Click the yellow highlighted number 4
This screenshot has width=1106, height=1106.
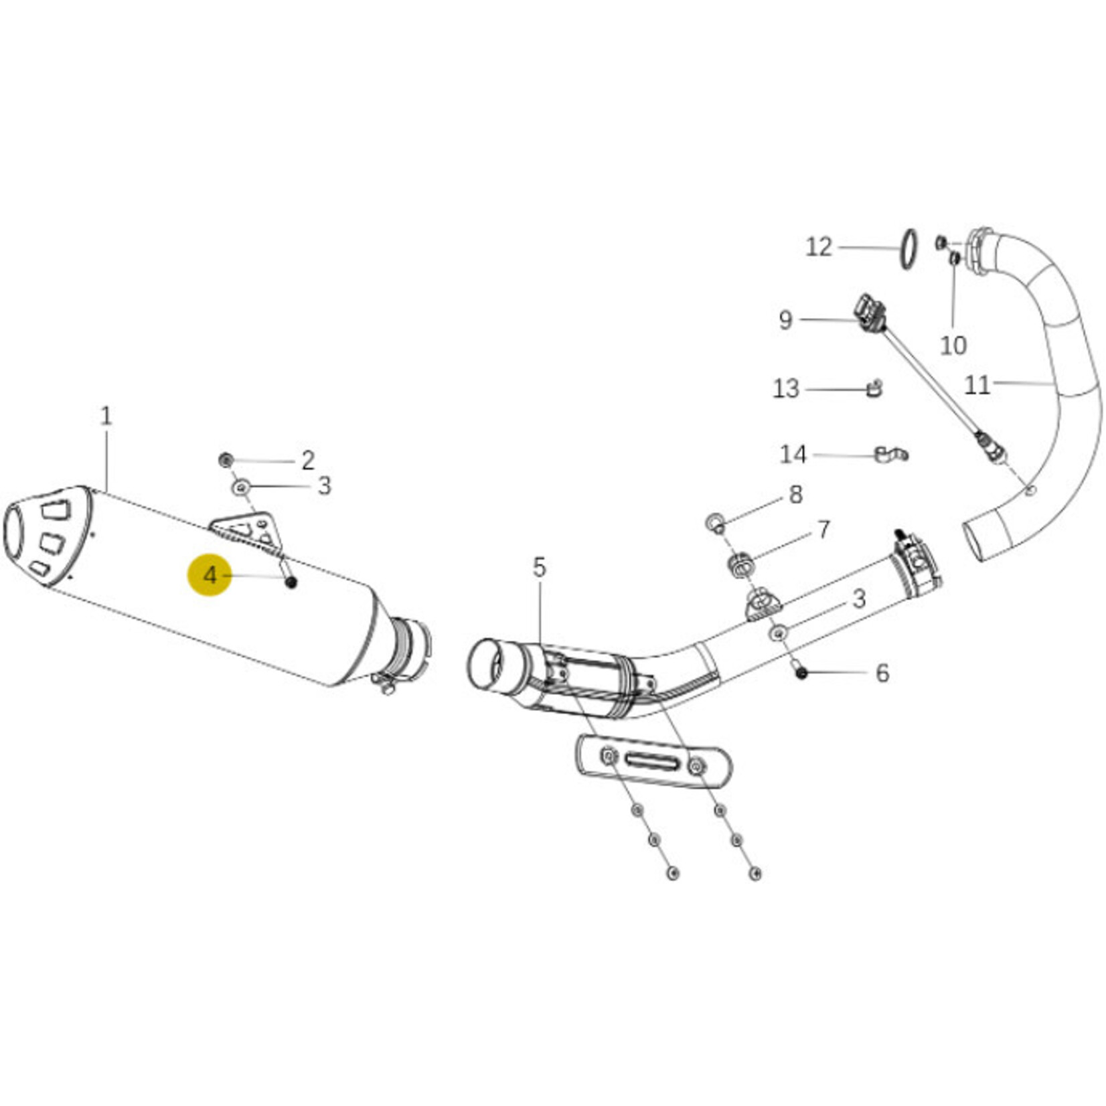210,575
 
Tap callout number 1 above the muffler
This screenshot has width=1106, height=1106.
106,416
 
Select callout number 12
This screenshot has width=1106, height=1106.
818,247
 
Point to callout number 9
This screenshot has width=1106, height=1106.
785,320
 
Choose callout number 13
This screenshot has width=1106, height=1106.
786,388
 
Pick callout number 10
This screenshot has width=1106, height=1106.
953,345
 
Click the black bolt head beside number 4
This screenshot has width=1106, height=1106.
291,582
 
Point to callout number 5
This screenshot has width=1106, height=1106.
539,568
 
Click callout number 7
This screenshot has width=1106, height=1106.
823,530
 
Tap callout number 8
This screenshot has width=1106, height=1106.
795,495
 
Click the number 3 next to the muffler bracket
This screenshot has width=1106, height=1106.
324,485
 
